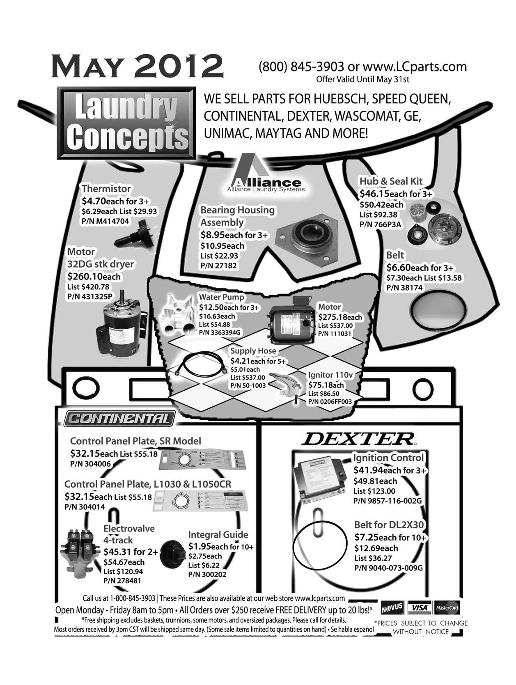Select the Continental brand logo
tap(119, 419)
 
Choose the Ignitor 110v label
tap(330, 375)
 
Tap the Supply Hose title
tap(253, 351)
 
